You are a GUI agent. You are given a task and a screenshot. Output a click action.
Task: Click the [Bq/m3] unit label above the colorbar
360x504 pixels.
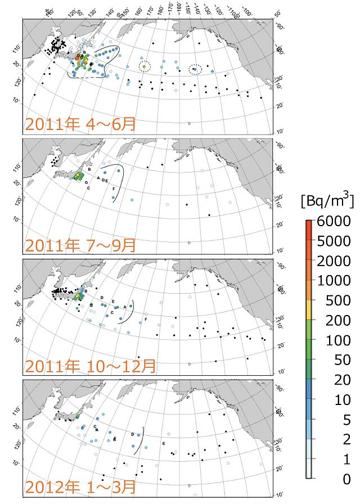(x=327, y=200)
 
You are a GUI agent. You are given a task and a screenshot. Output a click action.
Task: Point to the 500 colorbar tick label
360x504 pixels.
(x=338, y=300)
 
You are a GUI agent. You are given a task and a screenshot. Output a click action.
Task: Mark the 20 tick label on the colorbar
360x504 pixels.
(x=341, y=380)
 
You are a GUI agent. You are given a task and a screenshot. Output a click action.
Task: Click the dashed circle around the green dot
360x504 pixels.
(x=145, y=66)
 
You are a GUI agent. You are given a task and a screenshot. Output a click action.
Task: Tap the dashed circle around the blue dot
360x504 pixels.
(x=195, y=69)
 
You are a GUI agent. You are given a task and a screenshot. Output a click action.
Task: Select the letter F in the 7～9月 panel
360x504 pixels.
(x=114, y=189)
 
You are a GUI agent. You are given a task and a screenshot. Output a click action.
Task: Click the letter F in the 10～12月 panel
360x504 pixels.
(x=146, y=319)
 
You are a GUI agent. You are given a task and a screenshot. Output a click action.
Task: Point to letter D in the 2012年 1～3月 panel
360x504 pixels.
(x=132, y=434)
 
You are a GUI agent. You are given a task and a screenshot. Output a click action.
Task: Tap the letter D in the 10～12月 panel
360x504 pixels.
(x=102, y=297)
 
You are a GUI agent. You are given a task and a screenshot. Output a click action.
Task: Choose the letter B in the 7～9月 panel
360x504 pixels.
(x=89, y=162)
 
